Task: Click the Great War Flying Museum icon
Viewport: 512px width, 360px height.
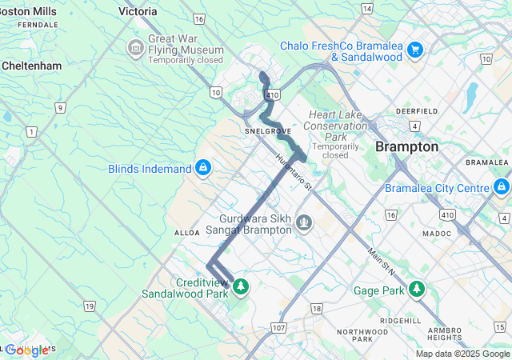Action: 135,49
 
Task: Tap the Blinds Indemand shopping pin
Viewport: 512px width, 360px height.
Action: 203,168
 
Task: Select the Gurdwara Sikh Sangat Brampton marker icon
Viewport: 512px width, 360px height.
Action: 303,222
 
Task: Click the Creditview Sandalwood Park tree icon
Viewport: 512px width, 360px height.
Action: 239,286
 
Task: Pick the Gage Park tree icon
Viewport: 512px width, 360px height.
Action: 416,289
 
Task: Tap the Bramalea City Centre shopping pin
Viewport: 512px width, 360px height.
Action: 502,187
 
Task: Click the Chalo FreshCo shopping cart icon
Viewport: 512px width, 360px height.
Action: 414,50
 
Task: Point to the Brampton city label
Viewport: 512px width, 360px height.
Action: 407,147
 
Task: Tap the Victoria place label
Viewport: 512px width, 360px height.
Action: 138,12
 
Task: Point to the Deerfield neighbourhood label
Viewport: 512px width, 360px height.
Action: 416,110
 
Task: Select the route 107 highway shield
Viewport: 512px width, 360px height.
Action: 278,328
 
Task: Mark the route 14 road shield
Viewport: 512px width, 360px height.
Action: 366,8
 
